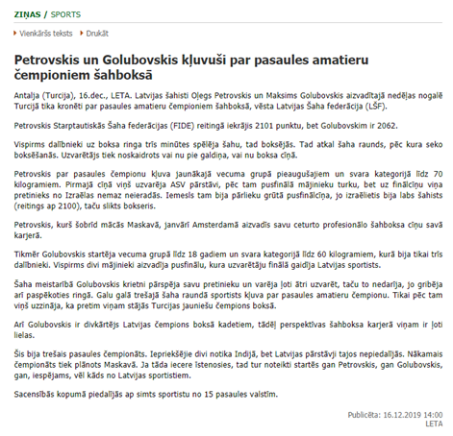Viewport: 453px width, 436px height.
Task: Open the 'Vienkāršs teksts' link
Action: click(50, 33)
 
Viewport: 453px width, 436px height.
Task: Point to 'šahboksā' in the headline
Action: click(147, 74)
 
